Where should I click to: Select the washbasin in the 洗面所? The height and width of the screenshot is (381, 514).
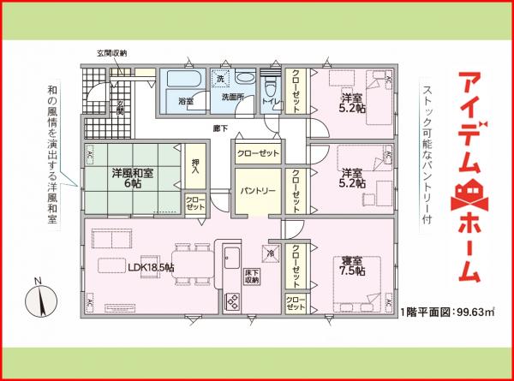coord(245,78)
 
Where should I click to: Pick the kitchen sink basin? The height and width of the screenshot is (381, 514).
coord(231,256)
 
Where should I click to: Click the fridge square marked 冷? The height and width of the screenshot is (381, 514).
coord(271,253)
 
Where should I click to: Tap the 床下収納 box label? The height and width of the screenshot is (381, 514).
coord(252,276)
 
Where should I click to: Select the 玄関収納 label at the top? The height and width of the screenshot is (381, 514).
coord(111,53)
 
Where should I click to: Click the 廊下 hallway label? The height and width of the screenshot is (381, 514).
coord(221,128)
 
